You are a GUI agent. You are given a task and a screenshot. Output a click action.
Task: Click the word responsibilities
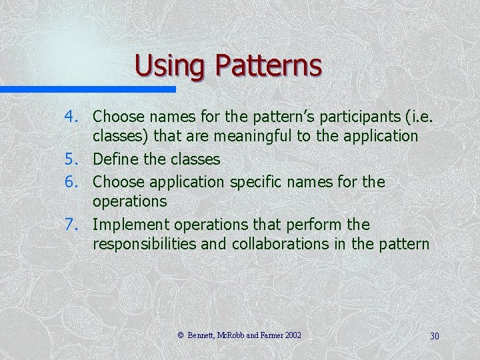[145, 244]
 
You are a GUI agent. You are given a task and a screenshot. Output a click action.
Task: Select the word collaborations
[281, 244]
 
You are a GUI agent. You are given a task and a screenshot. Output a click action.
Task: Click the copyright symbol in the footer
[180, 335]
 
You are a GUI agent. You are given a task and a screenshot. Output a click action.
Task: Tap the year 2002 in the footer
[292, 335]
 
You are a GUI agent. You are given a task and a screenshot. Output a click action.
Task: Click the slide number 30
[434, 336]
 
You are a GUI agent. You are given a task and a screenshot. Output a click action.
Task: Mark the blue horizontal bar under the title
[87, 89]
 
